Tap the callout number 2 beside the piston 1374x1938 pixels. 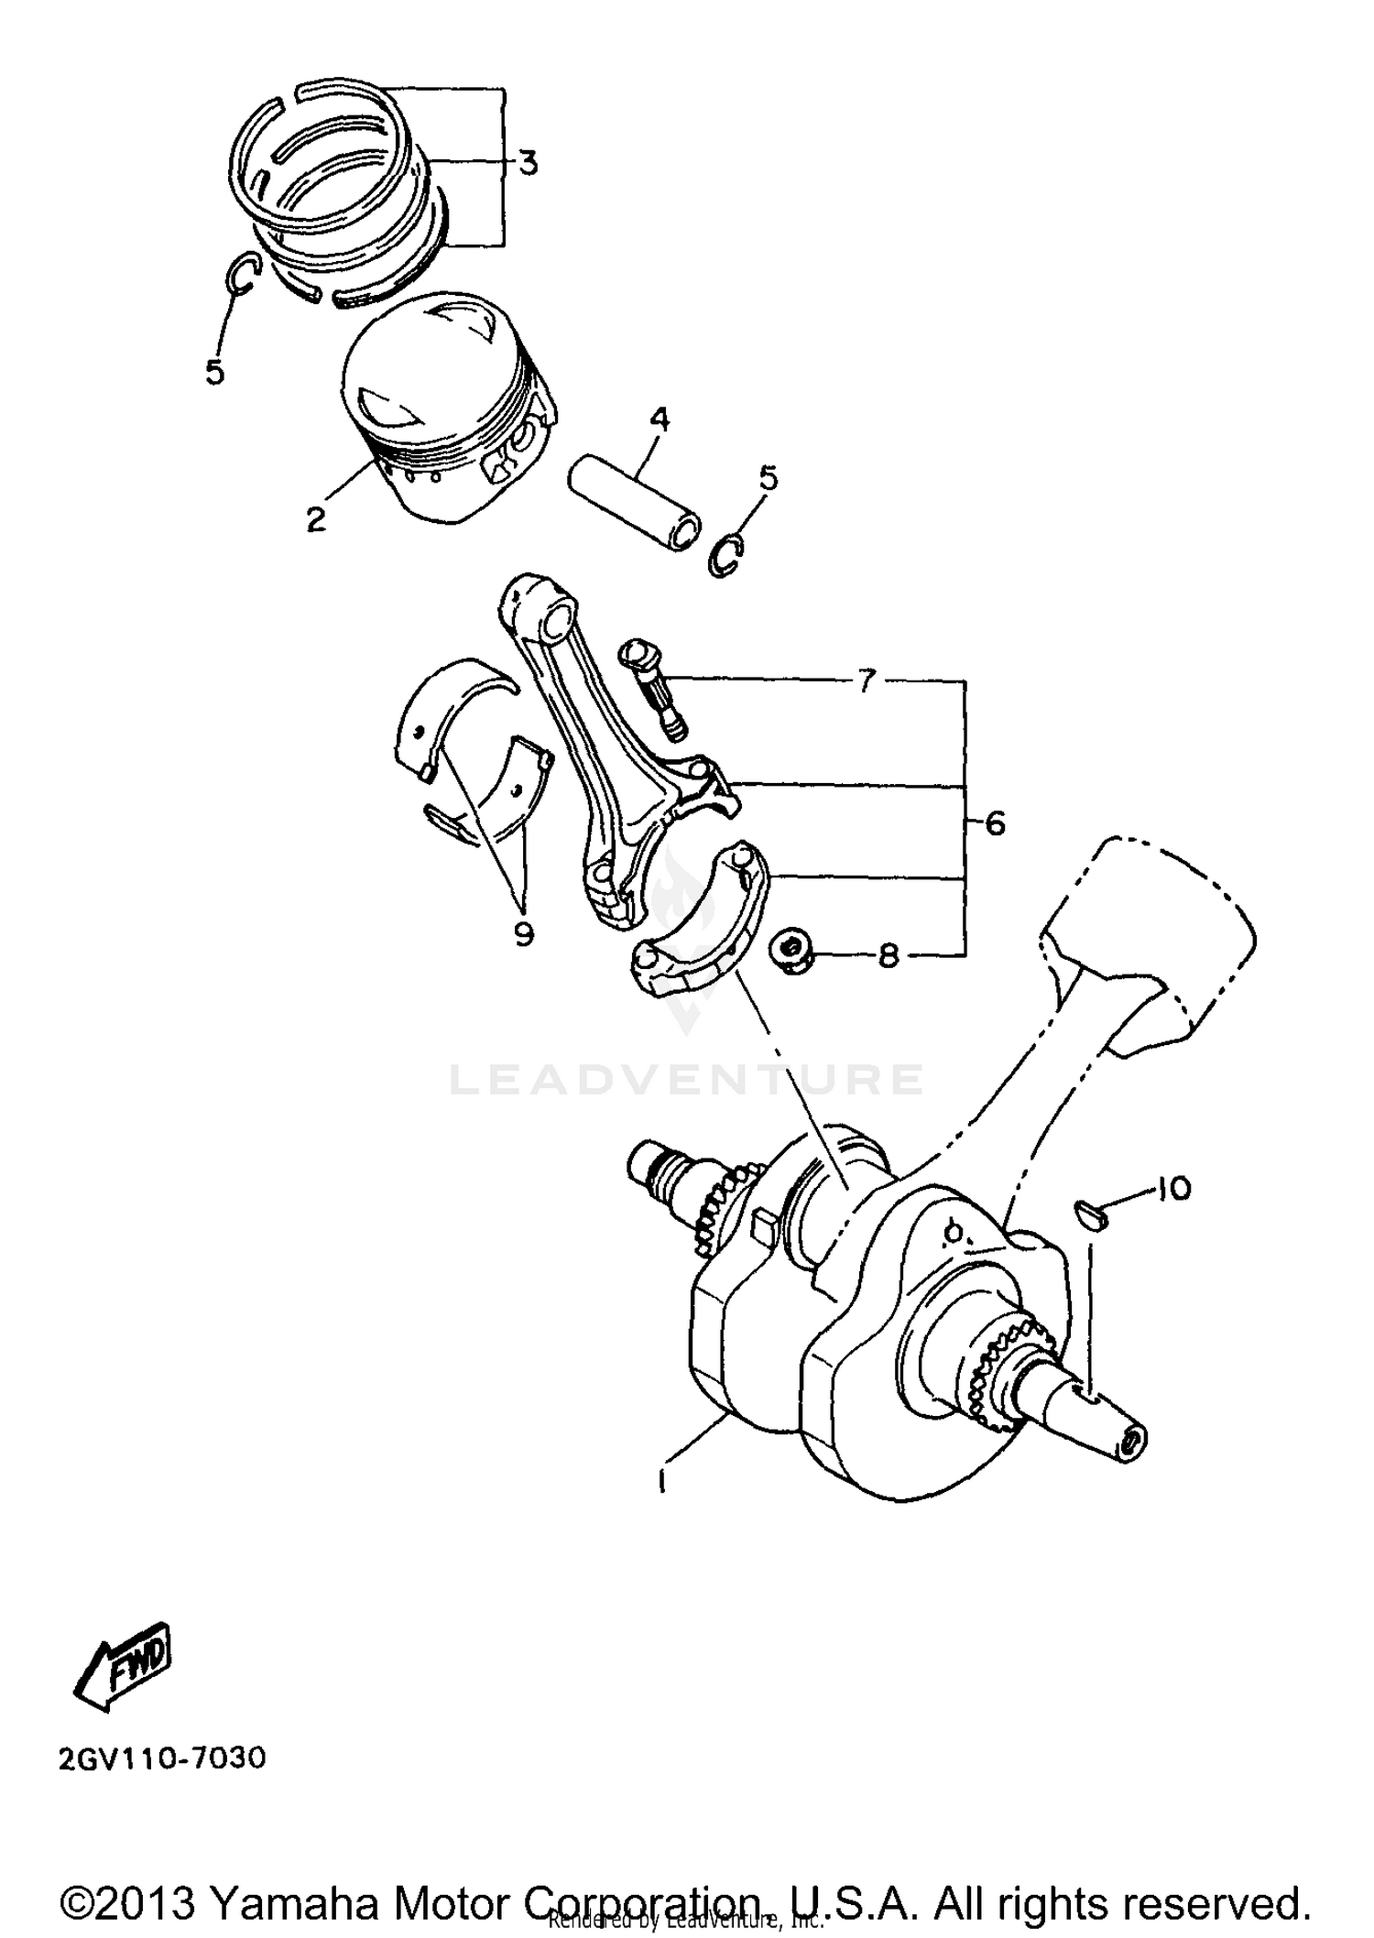pos(316,519)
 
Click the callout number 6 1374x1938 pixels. pos(995,823)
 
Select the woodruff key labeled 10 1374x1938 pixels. pos(1091,1214)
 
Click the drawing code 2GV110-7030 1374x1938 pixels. pos(162,1759)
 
